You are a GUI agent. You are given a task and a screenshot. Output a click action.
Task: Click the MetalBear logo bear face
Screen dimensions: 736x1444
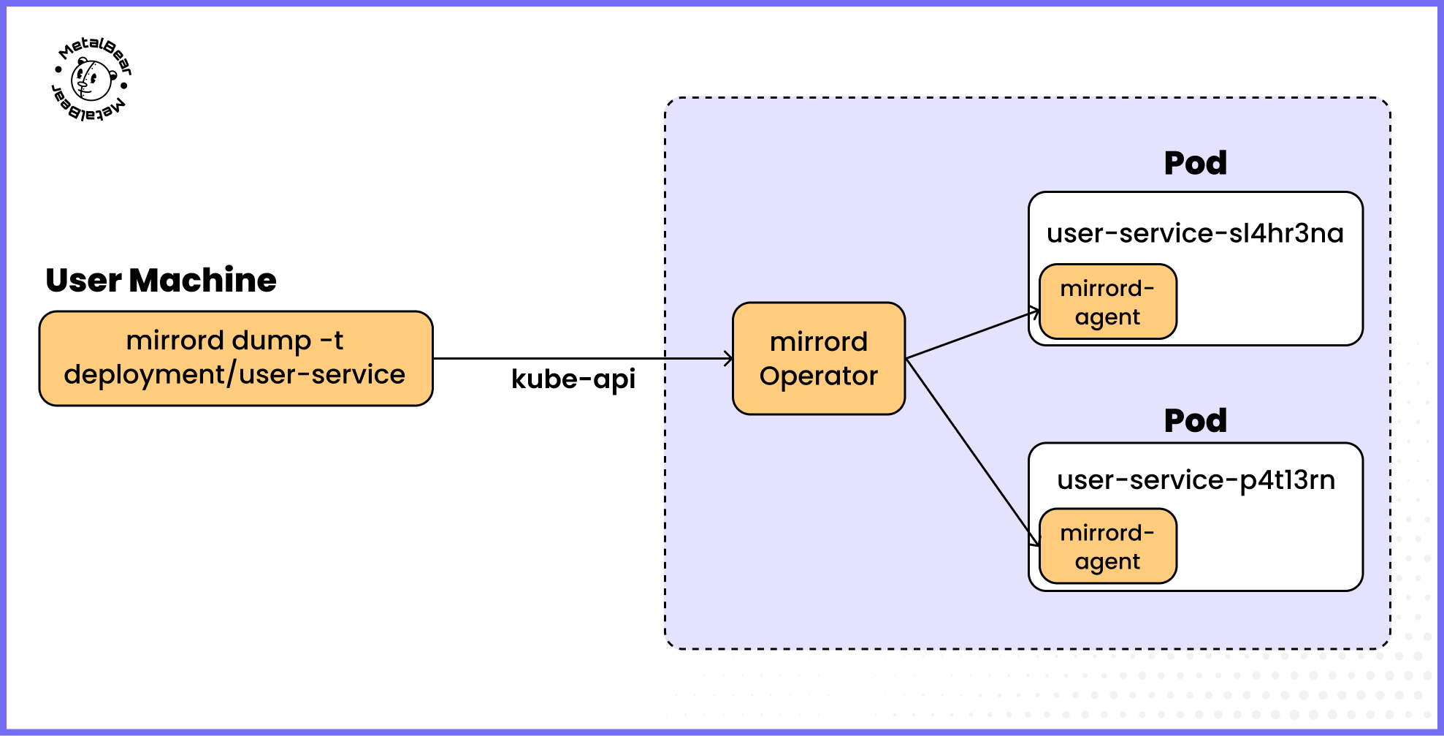tap(92, 80)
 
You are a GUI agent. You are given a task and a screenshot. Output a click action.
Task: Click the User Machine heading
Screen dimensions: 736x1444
tap(161, 281)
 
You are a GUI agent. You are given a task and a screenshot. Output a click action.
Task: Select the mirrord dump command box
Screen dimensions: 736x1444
tap(236, 358)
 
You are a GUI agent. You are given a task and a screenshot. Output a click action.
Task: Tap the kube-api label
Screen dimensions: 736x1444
tap(573, 379)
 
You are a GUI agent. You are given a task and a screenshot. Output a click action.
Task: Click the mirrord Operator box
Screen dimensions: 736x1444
tap(818, 358)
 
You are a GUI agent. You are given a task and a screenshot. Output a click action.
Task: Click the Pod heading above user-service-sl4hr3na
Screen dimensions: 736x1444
tap(1195, 163)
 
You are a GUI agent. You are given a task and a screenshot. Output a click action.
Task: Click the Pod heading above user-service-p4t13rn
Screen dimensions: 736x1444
tap(1195, 421)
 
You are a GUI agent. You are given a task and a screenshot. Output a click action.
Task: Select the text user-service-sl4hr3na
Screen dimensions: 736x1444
tap(1195, 234)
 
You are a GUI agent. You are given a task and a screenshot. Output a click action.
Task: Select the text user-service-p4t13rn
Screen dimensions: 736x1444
tap(1196, 480)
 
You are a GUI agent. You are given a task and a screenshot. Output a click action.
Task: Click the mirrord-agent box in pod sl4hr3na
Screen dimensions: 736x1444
tap(1107, 302)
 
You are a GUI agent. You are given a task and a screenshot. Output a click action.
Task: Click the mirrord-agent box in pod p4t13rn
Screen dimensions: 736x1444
tap(1107, 546)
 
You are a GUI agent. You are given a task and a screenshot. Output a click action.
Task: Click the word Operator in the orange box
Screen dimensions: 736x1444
tap(818, 376)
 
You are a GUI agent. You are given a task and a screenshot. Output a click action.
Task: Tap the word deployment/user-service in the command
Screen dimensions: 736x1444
tap(234, 375)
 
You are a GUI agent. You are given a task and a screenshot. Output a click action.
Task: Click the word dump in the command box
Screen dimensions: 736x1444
tap(272, 341)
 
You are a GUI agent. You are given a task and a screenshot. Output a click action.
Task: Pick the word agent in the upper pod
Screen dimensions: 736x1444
tap(1107, 317)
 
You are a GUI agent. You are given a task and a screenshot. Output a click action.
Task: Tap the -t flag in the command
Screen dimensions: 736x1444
tap(332, 341)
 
